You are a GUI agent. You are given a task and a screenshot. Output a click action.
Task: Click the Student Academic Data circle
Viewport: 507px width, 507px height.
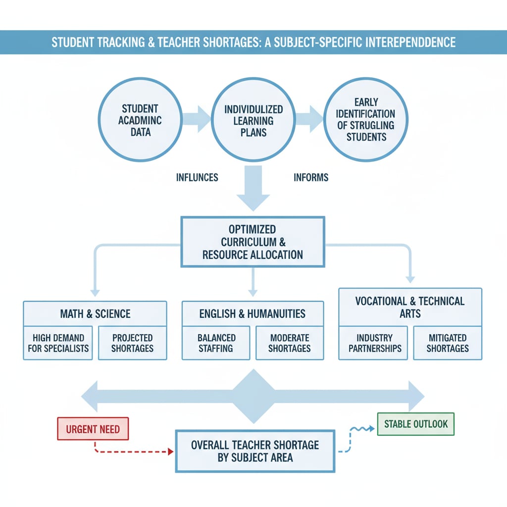pyautogui.click(x=140, y=120)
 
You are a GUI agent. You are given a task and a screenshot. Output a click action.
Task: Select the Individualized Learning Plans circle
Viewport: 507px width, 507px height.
pyautogui.click(x=253, y=120)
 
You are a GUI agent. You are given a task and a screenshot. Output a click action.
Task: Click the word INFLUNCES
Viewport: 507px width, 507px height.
pyautogui.click(x=197, y=177)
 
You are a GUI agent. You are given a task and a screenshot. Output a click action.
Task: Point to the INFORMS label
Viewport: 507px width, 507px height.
pyautogui.click(x=311, y=177)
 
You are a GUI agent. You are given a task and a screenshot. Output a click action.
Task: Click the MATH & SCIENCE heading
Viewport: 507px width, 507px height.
pyautogui.click(x=95, y=313)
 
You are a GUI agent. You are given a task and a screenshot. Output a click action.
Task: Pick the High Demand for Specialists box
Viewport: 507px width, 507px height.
pyautogui.click(x=58, y=343)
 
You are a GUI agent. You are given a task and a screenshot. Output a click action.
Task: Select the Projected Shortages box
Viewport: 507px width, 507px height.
pyautogui.click(x=132, y=343)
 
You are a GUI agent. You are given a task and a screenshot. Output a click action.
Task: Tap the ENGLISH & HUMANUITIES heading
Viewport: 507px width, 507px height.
pyautogui.click(x=253, y=313)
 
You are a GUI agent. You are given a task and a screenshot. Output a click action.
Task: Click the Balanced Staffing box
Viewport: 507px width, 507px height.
pyautogui.click(x=216, y=343)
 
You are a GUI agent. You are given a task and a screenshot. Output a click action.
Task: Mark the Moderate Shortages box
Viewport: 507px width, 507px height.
pyautogui.click(x=290, y=343)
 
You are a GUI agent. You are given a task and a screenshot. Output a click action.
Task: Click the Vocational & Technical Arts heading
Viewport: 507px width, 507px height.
pyautogui.click(x=410, y=307)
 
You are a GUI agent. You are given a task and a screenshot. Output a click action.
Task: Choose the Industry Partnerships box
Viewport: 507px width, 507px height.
pyautogui.click(x=375, y=343)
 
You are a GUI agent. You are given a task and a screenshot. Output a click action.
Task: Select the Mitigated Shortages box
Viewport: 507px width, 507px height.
pyautogui.click(x=448, y=343)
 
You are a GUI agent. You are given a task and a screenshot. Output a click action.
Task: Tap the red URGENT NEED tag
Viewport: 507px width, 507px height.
pyautogui.click(x=93, y=429)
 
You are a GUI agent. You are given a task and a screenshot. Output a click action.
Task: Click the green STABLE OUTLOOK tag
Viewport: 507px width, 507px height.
pyautogui.click(x=415, y=424)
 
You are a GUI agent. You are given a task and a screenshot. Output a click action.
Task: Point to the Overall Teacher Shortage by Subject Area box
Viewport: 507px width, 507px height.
pyautogui.click(x=255, y=451)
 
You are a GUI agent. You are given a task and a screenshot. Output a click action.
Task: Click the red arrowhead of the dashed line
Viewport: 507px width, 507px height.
pyautogui.click(x=170, y=452)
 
